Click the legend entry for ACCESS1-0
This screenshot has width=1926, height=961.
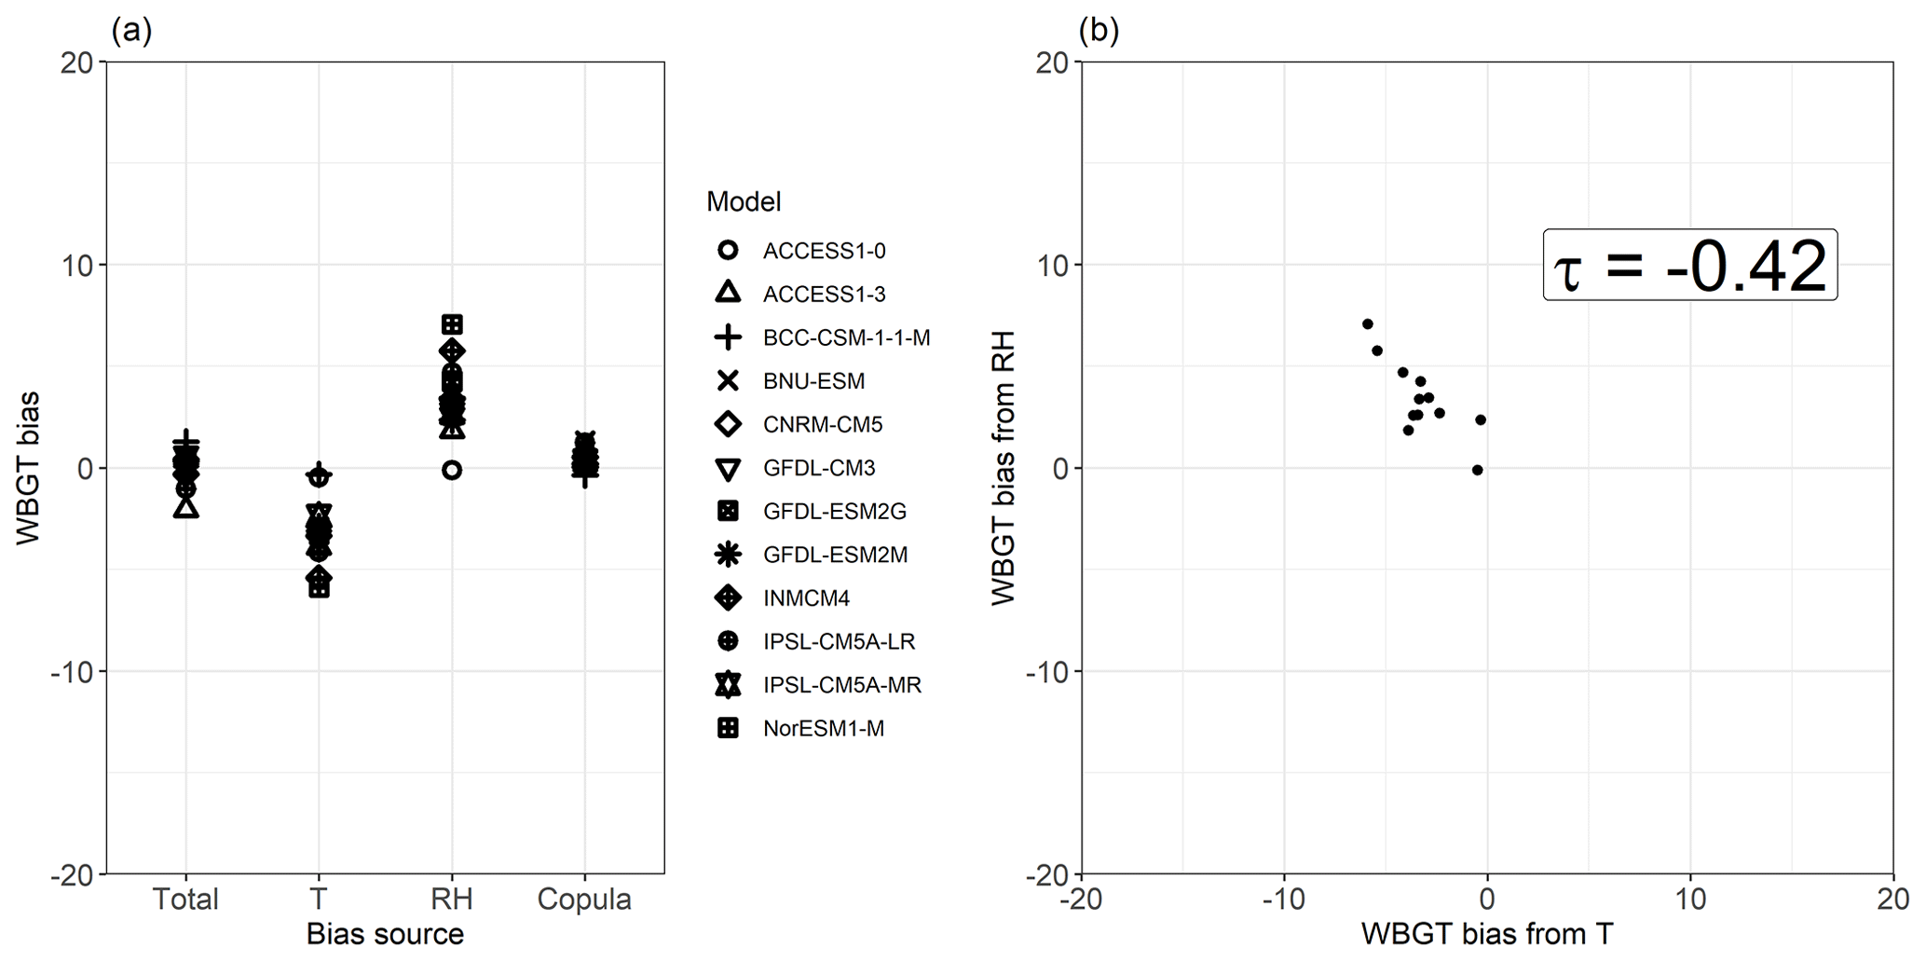824,251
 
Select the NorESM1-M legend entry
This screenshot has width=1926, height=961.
823,729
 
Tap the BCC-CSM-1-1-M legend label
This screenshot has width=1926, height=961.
846,337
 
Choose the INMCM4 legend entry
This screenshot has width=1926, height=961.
806,598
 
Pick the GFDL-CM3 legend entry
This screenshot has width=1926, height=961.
819,468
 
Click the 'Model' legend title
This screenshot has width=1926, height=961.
744,201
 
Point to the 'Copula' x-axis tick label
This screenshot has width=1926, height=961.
584,899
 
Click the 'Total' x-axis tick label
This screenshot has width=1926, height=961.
185,899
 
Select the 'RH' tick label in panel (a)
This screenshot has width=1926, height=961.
452,899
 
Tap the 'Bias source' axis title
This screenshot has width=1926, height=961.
385,934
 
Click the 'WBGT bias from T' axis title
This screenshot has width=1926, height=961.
1487,934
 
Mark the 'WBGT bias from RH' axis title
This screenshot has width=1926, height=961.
1003,468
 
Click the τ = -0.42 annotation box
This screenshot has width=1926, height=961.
1689,266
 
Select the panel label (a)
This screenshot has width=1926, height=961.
130,31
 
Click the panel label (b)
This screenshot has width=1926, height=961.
1099,31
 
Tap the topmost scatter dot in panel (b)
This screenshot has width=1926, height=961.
1367,324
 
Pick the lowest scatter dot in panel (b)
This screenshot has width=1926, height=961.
1477,471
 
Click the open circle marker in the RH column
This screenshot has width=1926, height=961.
452,471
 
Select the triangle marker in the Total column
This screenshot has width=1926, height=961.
186,508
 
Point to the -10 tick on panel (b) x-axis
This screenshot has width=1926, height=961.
1283,899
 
